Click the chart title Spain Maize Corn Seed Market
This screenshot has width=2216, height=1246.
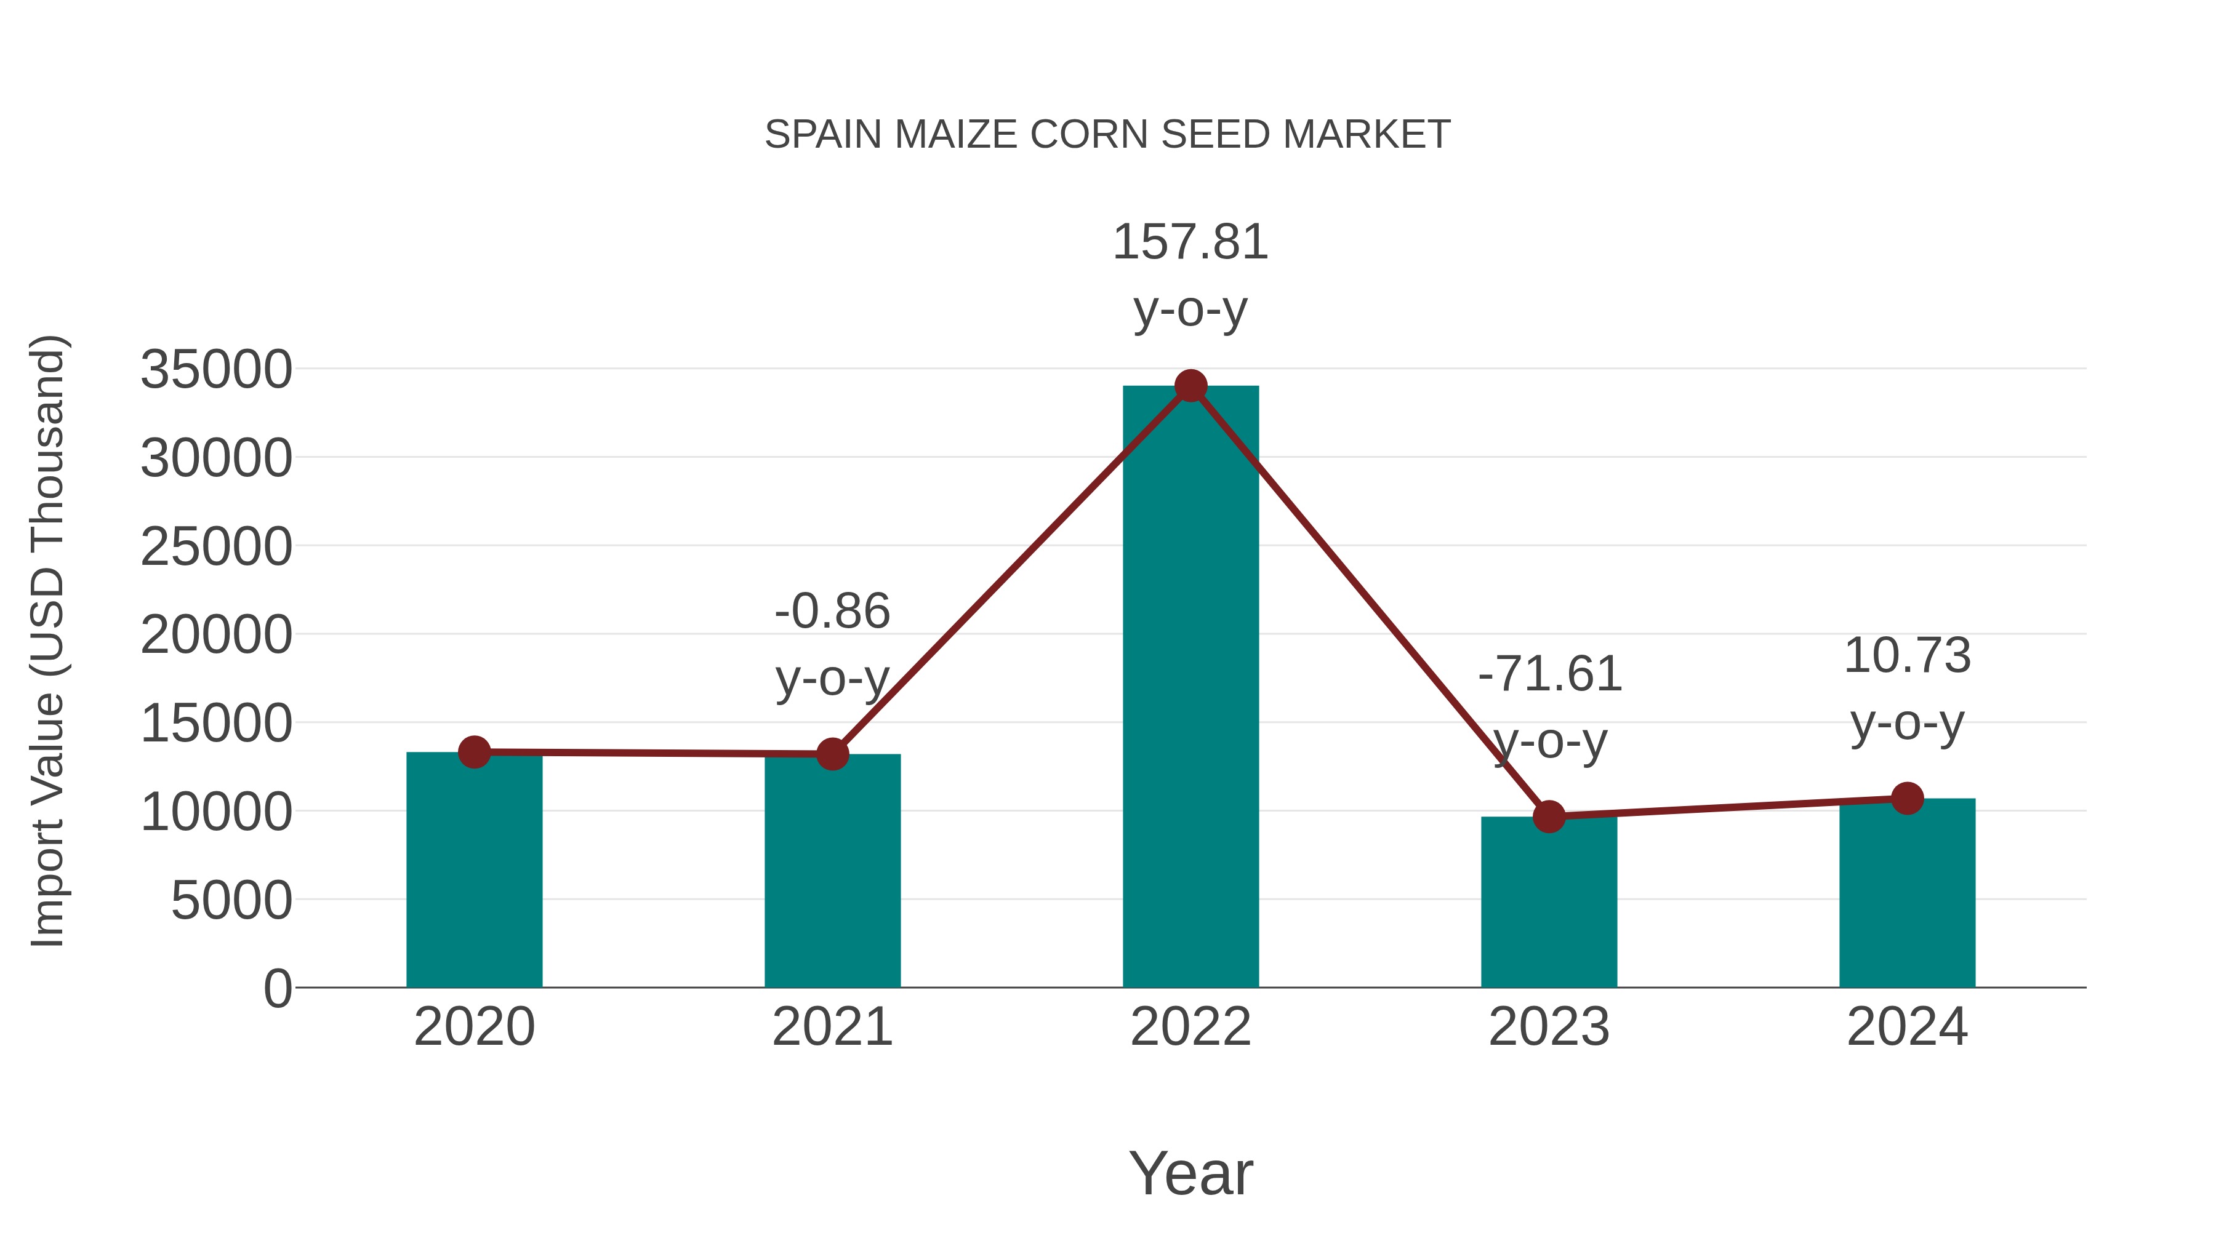tap(1107, 135)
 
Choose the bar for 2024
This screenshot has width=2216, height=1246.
tap(1907, 894)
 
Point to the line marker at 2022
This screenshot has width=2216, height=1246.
tap(1190, 386)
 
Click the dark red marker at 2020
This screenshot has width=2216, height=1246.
tap(474, 753)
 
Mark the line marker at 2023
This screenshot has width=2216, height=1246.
tap(1549, 816)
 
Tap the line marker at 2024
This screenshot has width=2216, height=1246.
tap(1907, 798)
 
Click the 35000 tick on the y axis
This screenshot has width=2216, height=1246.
tap(217, 370)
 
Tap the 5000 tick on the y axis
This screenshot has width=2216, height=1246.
tap(231, 900)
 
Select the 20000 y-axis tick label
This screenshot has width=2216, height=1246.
tap(217, 636)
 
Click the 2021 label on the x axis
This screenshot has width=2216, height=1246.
tap(832, 1027)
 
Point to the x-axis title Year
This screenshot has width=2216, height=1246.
tap(1190, 1173)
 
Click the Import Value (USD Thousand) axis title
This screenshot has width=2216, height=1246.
tap(48, 641)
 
